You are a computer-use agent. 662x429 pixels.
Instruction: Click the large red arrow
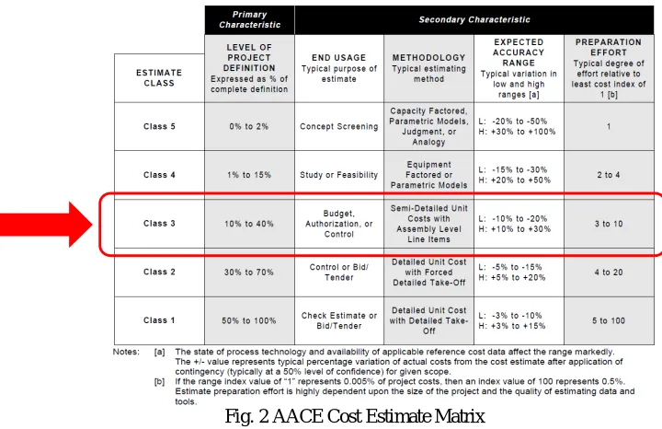coord(47,225)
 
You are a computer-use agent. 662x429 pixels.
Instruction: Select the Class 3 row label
coord(159,224)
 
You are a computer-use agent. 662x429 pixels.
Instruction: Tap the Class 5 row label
coord(159,126)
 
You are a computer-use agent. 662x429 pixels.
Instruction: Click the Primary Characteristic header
coord(249,20)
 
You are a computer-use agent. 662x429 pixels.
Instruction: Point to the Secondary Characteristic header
coord(474,20)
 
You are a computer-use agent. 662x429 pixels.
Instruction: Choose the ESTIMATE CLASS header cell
coord(159,77)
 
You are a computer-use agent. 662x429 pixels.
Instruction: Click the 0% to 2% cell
coord(249,126)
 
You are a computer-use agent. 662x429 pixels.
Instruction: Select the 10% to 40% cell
coord(249,224)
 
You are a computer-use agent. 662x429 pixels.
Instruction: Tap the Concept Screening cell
coord(339,126)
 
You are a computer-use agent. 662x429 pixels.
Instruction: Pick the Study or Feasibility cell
coord(339,175)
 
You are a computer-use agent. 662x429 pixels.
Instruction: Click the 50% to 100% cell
coord(249,320)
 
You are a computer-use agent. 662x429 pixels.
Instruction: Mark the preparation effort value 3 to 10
coord(609,224)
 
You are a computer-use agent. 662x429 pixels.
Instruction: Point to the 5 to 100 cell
coord(609,320)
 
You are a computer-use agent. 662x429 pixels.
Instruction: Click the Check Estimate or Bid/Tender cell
coord(339,320)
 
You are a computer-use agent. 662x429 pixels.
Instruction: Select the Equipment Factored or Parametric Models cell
coord(429,175)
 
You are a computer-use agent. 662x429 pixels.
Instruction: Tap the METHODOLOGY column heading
coord(429,57)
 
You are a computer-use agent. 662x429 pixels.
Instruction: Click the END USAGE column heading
coord(339,57)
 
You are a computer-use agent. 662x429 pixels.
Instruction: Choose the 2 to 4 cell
coord(609,175)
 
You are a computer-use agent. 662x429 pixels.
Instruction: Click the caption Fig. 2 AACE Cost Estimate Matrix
coord(355,416)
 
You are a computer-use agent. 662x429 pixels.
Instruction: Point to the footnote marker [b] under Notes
coord(160,382)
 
